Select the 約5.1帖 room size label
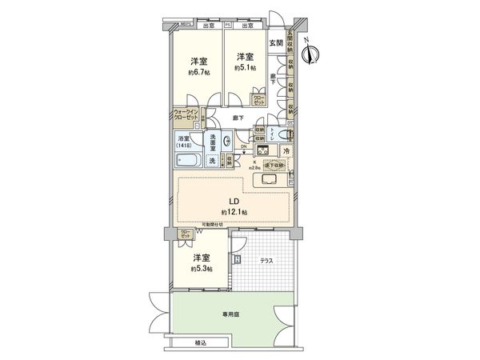245,69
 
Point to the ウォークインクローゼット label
185,114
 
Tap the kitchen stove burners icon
262,151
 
